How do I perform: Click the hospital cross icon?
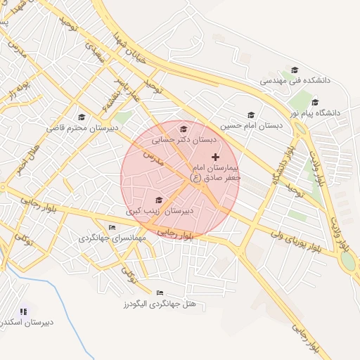point(215,156)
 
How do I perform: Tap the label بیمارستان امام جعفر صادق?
point(214,174)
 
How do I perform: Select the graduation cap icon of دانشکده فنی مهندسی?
point(294,70)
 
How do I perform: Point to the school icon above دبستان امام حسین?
point(251,115)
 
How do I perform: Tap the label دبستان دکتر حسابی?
point(184,140)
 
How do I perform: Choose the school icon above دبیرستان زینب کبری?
point(158,200)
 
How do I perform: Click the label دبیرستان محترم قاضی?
point(82,128)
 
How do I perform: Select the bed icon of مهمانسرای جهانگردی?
point(112,227)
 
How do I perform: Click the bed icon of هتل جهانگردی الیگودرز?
point(160,292)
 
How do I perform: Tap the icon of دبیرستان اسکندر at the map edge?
point(23,311)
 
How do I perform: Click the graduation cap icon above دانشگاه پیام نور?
point(315,102)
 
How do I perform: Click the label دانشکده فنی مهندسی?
point(289,81)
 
